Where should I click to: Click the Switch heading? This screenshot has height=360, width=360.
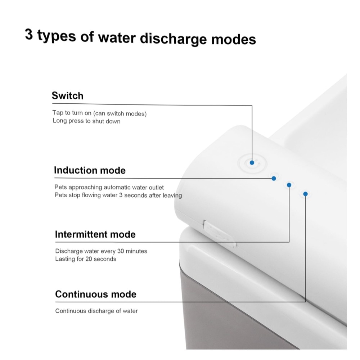point(68,96)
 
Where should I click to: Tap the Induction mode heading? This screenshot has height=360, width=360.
point(90,170)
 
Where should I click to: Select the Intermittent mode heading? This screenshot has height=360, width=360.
point(95,234)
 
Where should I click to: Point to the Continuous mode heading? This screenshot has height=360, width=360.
point(96,294)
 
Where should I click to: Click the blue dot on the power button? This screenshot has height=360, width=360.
point(252,163)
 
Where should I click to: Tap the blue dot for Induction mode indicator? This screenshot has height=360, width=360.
point(274,179)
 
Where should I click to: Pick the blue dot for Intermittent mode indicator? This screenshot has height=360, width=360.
point(289,185)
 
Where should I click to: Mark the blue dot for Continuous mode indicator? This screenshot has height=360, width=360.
point(305,194)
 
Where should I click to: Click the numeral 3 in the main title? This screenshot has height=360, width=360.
point(29,35)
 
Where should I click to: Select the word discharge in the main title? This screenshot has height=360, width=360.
point(173,39)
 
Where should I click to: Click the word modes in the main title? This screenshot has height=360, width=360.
point(234,39)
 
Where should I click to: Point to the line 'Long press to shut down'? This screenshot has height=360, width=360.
point(86,121)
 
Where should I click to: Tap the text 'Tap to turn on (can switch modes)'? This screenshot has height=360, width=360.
point(99,113)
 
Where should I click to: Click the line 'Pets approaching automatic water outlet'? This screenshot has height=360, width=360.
point(109,187)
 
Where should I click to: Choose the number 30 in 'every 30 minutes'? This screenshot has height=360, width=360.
point(121,251)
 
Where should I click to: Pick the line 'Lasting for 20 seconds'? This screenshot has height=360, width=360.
point(86,259)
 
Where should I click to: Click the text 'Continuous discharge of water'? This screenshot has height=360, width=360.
point(96,311)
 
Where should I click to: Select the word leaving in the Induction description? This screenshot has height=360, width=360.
point(172,195)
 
